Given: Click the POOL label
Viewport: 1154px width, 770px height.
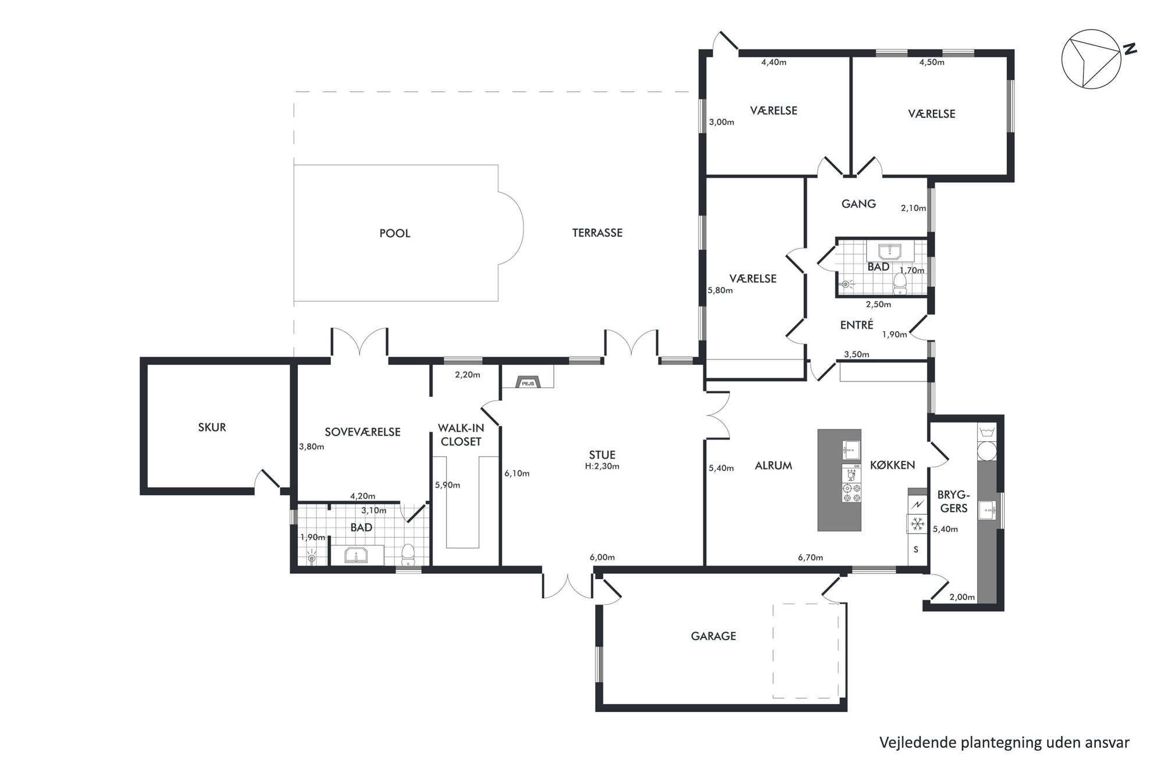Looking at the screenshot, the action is (395, 233).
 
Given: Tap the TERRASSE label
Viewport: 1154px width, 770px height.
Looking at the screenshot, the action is (597, 233).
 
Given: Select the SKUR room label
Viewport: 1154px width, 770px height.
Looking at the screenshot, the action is (212, 427).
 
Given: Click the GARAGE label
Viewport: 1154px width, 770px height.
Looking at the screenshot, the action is (714, 636).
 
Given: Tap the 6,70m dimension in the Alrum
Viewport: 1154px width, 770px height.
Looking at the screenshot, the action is (810, 558).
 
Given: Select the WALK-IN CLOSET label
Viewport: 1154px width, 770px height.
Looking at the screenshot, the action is (461, 435).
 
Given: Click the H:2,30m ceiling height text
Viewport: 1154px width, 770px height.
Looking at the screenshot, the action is (602, 466).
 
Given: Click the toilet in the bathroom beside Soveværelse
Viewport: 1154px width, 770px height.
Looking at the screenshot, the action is (408, 554).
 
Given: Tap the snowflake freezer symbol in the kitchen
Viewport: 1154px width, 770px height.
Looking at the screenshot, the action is (918, 524).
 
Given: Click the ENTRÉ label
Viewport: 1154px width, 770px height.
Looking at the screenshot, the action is (857, 325).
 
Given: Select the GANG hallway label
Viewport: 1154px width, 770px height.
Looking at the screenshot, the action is (859, 204).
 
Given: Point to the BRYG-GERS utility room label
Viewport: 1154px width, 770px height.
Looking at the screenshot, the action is (954, 502).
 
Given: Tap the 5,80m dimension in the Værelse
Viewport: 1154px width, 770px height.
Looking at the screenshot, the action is (720, 290).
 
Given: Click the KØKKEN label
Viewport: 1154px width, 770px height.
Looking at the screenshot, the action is (892, 465).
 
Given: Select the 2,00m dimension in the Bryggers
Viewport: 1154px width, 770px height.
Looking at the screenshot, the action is (961, 597).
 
